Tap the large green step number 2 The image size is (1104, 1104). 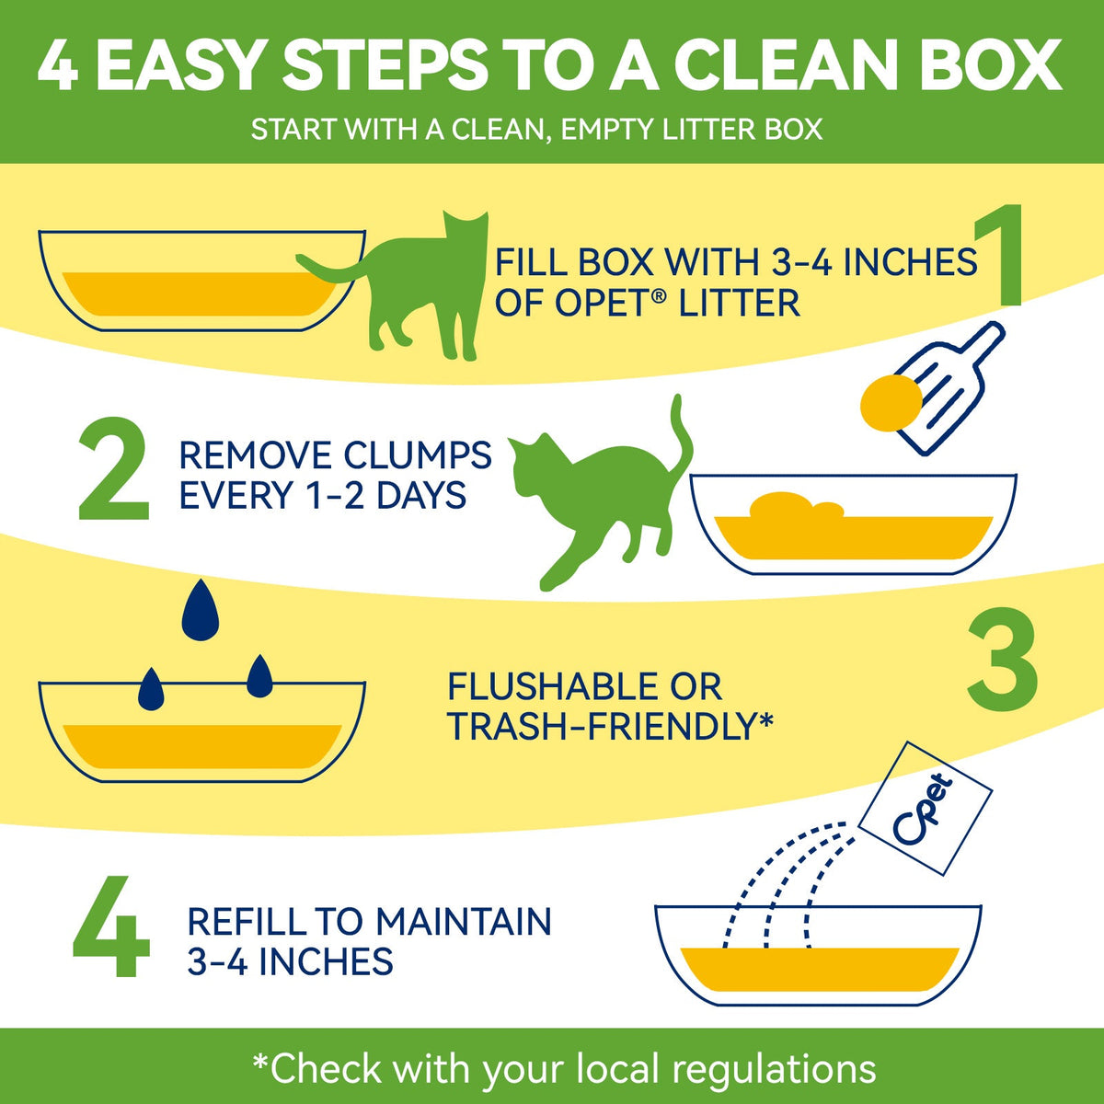tap(113, 468)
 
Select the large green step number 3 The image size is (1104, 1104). tap(1003, 657)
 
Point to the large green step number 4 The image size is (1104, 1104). tap(111, 926)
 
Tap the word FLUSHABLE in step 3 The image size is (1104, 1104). tap(552, 687)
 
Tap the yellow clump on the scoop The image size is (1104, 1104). tap(891, 403)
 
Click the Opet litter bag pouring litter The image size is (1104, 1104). tap(926, 809)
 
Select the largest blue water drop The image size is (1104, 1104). tap(200, 610)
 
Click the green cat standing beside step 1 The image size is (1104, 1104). tap(401, 286)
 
